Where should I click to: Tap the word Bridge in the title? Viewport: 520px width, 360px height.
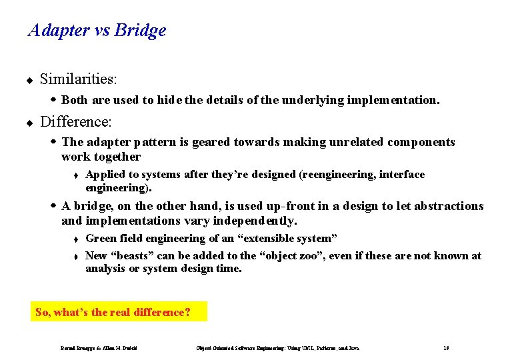pos(140,31)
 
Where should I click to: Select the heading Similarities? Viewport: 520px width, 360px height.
pos(79,79)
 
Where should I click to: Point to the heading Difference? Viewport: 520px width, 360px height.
pos(76,122)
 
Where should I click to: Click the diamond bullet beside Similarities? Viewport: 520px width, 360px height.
pos(29,81)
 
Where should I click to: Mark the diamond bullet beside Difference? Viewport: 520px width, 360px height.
pos(29,123)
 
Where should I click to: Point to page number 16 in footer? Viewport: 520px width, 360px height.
pos(446,348)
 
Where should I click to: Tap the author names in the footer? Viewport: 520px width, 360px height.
pos(103,348)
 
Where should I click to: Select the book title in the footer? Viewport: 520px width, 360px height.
pos(277,348)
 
